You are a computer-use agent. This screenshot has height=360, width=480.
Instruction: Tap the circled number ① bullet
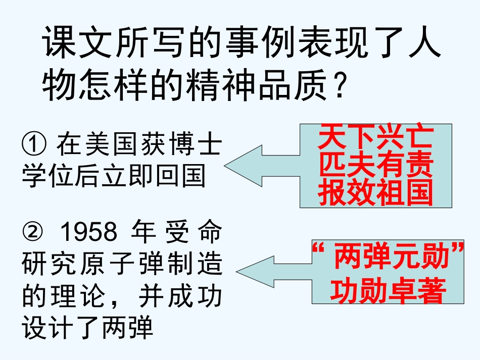33,145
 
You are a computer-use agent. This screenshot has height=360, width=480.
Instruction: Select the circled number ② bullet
33,234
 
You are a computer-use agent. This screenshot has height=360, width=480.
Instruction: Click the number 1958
89,234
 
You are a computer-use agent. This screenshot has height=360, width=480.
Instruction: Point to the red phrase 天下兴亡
375,138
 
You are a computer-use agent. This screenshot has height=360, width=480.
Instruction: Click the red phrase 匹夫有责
375,166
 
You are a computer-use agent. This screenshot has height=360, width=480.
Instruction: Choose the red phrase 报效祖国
375,193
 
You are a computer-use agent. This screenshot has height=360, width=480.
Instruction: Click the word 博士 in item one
191,145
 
